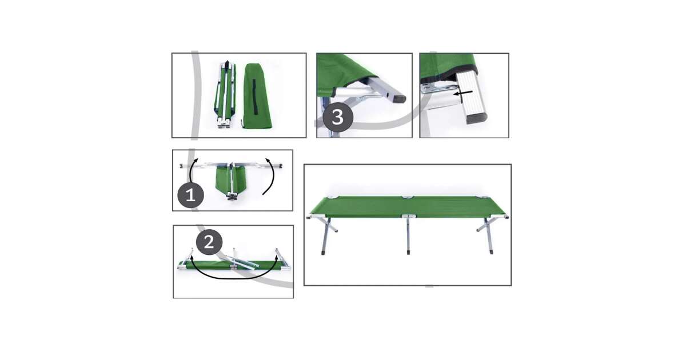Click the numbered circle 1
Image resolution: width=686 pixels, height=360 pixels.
coord(190,195)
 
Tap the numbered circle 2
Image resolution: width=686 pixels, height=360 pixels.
coord(209,242)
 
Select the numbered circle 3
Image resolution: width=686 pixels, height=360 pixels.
coord(338,117)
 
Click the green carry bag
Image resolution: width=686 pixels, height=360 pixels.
coord(257,96)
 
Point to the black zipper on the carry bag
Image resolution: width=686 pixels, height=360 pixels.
coord(254,97)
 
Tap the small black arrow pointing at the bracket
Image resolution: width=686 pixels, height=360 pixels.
coord(463,93)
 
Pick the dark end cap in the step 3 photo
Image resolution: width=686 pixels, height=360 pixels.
coord(399,98)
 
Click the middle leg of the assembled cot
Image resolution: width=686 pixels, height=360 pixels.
coord(408,235)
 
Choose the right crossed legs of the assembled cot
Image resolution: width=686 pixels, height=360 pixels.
coord(486,235)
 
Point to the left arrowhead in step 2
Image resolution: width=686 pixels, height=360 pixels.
coord(192,258)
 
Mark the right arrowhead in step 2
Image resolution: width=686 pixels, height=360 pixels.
coord(277,257)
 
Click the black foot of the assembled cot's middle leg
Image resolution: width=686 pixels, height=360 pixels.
coord(409,253)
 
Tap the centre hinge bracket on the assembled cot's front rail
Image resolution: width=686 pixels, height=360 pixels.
coord(409,217)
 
